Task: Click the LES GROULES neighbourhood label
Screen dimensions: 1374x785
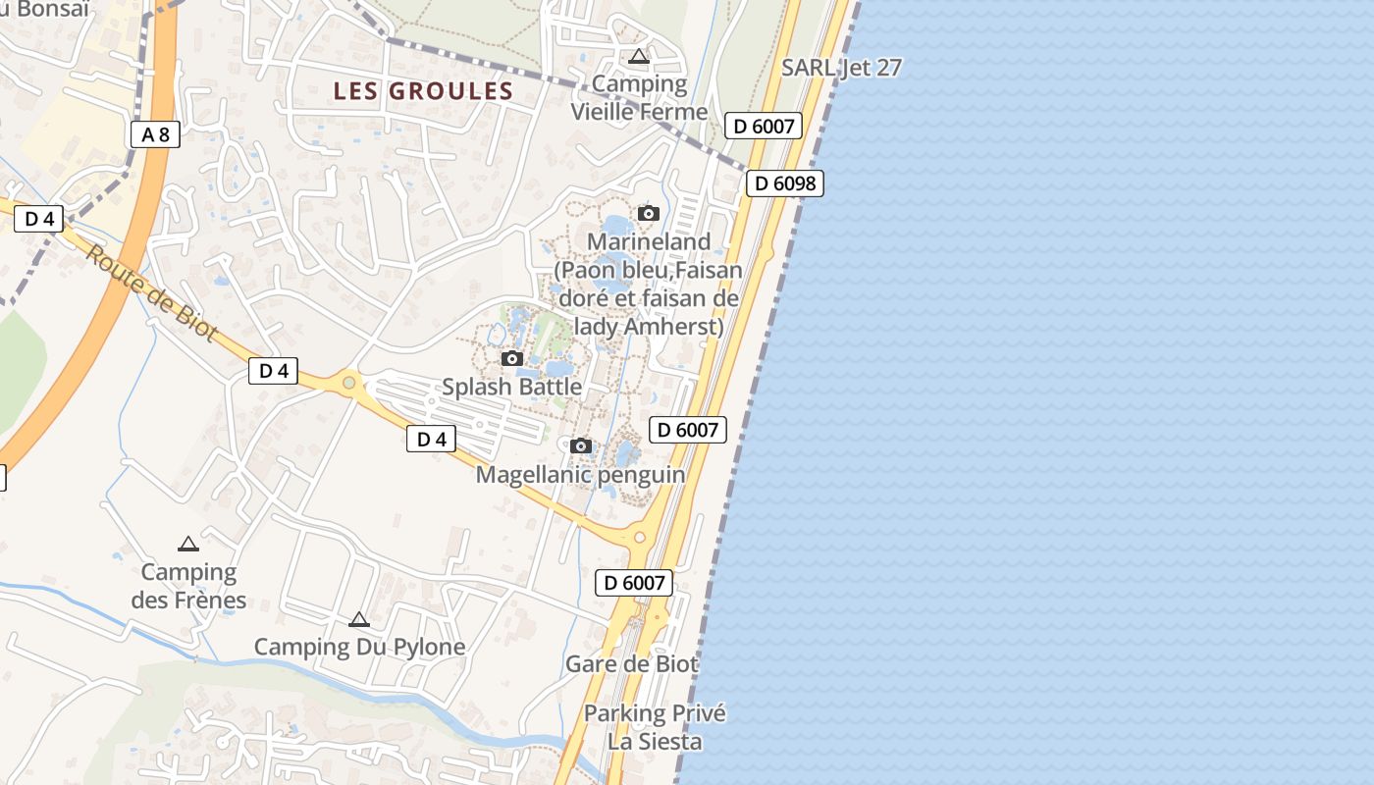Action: coord(423,91)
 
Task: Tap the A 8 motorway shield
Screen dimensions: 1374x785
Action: coord(155,134)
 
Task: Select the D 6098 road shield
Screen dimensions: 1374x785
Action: coord(784,183)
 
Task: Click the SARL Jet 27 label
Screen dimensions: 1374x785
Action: coord(841,68)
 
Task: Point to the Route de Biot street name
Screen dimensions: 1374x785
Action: coord(151,292)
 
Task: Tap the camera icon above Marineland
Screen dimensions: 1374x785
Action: coord(648,213)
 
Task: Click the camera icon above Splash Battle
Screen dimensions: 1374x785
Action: coord(512,358)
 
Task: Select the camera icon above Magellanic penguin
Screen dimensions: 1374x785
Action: coord(581,445)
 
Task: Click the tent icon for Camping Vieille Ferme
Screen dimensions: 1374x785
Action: coord(639,57)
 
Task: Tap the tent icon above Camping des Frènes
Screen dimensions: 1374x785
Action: coord(188,544)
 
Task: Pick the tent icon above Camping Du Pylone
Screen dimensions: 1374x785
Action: coord(359,619)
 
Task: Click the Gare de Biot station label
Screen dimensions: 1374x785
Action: coord(632,664)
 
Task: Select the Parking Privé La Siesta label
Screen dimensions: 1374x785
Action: coord(655,727)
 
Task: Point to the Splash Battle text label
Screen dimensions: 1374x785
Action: coord(511,387)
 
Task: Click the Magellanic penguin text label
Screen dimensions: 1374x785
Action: coord(580,475)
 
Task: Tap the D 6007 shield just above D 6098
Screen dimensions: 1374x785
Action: coord(764,126)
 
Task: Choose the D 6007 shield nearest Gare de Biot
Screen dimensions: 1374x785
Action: coord(634,583)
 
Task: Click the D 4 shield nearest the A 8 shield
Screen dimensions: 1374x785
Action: coord(39,219)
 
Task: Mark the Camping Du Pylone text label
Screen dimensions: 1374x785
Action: coord(359,647)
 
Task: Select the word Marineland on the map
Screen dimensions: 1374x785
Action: coord(649,241)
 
